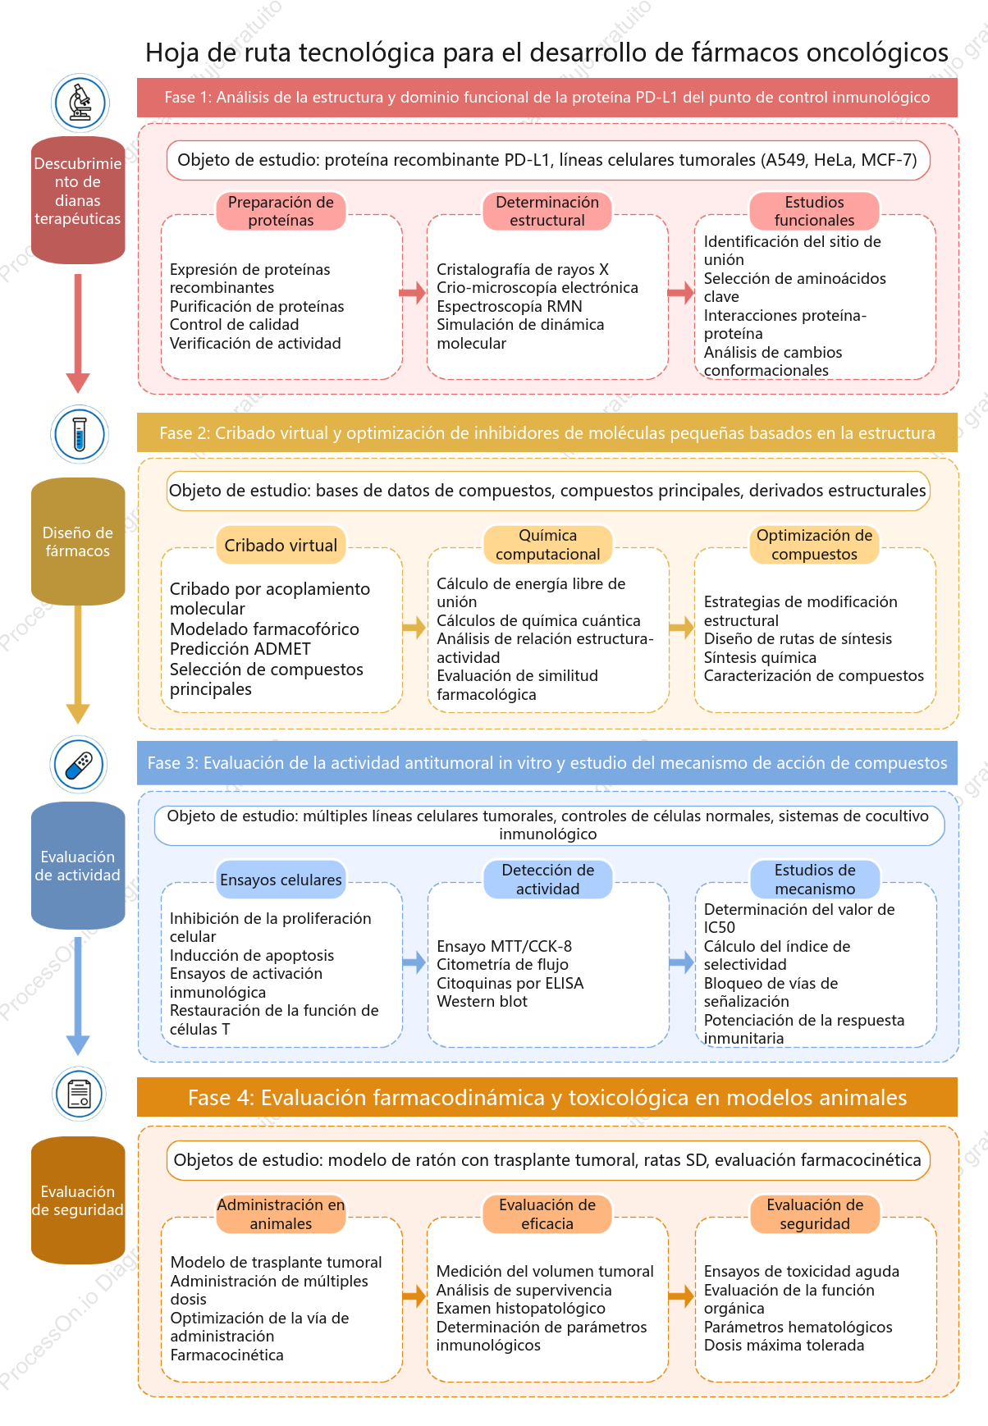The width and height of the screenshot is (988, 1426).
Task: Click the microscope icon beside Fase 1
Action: coord(80,103)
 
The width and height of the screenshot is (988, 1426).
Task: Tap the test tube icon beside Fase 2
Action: coord(80,434)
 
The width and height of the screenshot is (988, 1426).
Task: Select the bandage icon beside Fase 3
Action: coord(80,765)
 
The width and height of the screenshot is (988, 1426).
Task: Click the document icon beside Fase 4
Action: coord(80,1094)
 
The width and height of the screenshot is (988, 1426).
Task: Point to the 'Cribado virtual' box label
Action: coord(281,546)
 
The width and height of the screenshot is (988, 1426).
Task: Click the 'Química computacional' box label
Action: coord(547,545)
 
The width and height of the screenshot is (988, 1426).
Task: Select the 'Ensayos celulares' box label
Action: coord(281,880)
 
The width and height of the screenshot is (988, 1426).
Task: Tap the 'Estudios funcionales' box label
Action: coord(814,212)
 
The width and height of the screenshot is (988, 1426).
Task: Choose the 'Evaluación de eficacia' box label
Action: coord(547,1214)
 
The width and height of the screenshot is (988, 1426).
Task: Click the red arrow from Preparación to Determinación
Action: coord(413,292)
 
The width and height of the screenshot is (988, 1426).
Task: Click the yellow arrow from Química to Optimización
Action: coord(681,628)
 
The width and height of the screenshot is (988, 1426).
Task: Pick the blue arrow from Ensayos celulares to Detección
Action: coord(414,962)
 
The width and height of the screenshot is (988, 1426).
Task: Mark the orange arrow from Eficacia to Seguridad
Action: coord(681,1297)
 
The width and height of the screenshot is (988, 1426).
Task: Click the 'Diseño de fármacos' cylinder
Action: coord(78,542)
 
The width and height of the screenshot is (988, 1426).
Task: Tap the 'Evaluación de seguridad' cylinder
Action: coord(78,1200)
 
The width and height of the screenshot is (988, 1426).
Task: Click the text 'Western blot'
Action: coord(482,1001)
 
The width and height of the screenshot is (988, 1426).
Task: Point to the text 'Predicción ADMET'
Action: coord(240,649)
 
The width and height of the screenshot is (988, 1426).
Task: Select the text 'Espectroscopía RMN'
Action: coord(510,307)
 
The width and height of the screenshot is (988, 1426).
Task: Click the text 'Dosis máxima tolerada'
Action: coord(784,1345)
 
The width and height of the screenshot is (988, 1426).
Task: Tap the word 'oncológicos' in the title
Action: coord(877,53)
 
